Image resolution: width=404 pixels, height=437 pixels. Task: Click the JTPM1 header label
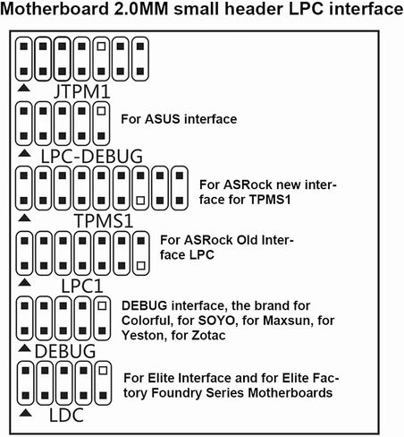click(82, 92)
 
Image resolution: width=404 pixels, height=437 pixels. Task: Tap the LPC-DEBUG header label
click(91, 156)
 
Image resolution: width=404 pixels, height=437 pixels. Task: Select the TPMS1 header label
click(104, 221)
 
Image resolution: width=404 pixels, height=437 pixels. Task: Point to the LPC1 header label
click(82, 286)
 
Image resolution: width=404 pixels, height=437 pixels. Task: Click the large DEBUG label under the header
click(65, 351)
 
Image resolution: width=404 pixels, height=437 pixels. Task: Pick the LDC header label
click(66, 416)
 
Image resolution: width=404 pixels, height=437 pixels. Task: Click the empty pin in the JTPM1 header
click(101, 47)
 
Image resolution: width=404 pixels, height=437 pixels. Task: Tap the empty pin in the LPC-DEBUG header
click(101, 111)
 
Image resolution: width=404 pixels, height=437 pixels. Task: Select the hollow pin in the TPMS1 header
click(140, 201)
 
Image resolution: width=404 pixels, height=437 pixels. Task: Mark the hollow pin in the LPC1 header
click(141, 265)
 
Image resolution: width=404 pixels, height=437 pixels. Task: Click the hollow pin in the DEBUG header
click(102, 305)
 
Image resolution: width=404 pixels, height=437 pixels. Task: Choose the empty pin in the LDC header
click(103, 371)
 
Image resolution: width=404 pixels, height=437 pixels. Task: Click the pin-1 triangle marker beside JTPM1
click(23, 88)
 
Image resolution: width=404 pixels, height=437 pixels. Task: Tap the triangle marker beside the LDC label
click(25, 413)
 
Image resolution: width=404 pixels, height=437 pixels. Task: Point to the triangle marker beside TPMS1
click(24, 218)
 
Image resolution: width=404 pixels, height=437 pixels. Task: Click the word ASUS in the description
click(163, 119)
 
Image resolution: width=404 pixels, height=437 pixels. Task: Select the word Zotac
click(208, 335)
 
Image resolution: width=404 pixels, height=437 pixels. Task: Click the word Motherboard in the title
click(55, 9)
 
